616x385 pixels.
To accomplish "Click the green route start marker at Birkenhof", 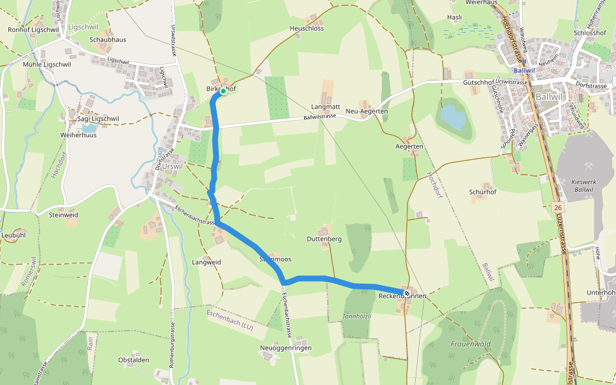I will click(223, 91).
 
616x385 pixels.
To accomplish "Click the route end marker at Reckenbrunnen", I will click(407, 293).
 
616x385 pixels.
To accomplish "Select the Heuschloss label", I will click(307, 28).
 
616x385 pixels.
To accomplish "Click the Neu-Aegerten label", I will click(367, 111).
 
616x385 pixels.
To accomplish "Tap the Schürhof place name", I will click(483, 192).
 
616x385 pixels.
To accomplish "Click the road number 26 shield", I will click(559, 207).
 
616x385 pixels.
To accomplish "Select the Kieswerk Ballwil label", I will click(583, 186).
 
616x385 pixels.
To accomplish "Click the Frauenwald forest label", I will click(470, 344).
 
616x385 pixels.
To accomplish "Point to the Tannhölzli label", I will click(357, 316).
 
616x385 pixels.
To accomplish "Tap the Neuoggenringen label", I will click(286, 348).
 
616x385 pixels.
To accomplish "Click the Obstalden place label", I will click(134, 359).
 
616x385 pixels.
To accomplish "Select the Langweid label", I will click(207, 262).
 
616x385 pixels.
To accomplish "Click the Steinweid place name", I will click(64, 215).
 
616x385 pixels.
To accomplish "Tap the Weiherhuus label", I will click(78, 135).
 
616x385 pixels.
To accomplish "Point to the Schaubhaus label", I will click(108, 39).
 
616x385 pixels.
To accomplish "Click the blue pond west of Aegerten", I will click(452, 117).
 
